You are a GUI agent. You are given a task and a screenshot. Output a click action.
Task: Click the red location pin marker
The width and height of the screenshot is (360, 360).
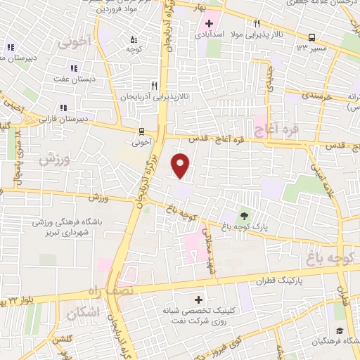click(181, 165)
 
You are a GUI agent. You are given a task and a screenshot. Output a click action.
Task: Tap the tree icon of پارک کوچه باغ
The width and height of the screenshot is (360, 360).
click(244, 216)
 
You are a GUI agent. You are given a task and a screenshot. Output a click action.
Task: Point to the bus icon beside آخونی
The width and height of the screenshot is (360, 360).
click(142, 130)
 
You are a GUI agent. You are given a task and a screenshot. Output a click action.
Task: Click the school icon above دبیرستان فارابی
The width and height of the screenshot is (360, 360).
click(63, 108)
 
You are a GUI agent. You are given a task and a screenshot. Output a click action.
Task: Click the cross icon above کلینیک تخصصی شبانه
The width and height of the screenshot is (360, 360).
click(206, 299)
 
